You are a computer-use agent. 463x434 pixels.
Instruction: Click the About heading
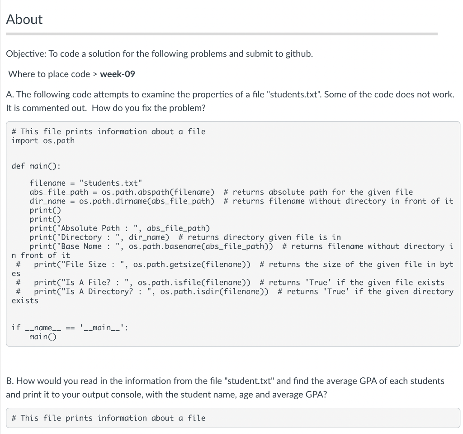click(24, 19)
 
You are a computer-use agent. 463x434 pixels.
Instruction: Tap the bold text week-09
click(117, 74)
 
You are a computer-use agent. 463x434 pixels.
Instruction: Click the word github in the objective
click(298, 54)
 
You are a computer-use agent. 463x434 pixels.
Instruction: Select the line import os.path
click(43, 140)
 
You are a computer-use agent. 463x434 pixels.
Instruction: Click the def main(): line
click(36, 166)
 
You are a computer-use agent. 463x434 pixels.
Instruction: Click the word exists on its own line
click(25, 301)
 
